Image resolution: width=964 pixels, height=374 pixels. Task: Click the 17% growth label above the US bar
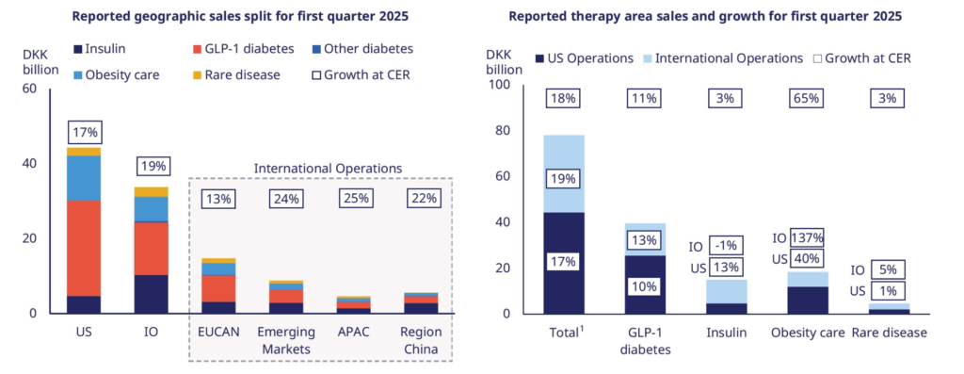[83, 133]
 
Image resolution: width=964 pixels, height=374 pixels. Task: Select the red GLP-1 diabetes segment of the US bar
[83, 247]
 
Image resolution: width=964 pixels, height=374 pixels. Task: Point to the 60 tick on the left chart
[29, 89]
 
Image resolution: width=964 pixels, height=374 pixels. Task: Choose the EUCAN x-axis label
[218, 333]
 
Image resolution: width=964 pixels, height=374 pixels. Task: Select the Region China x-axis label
[421, 340]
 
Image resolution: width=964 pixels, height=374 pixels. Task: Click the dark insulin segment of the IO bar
[153, 294]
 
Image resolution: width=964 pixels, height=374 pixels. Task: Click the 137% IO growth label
[808, 237]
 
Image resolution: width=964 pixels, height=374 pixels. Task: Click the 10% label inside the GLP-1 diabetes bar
[645, 286]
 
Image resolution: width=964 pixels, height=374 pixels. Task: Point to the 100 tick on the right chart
[498, 85]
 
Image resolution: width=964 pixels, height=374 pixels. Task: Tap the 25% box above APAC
[353, 199]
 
